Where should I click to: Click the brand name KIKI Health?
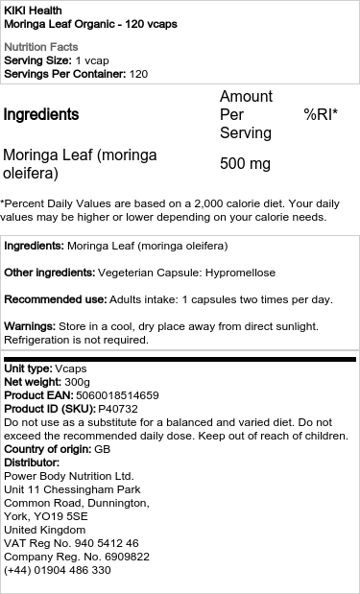click(34, 9)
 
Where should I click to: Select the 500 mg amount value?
click(245, 164)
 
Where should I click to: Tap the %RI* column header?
click(321, 115)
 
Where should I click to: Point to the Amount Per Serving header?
click(247, 115)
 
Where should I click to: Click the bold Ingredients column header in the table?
click(41, 115)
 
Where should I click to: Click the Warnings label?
click(30, 326)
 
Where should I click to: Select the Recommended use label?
click(54, 299)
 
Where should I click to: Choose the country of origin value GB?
click(101, 449)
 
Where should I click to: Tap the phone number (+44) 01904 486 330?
click(58, 570)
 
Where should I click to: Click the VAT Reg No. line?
click(72, 543)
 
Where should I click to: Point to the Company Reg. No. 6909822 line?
click(77, 557)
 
